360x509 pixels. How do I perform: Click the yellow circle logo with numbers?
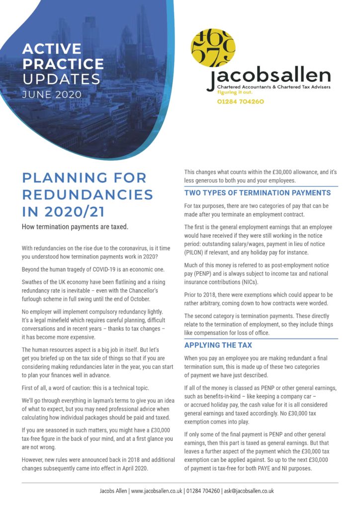(213, 48)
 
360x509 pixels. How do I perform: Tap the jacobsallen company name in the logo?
(269, 77)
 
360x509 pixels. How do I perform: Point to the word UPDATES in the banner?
(61, 79)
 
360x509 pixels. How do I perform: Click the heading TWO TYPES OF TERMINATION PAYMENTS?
(257, 193)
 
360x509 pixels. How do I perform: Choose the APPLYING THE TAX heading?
(218, 345)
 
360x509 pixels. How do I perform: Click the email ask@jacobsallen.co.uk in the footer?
(249, 491)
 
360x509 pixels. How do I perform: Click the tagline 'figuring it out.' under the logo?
(236, 92)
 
